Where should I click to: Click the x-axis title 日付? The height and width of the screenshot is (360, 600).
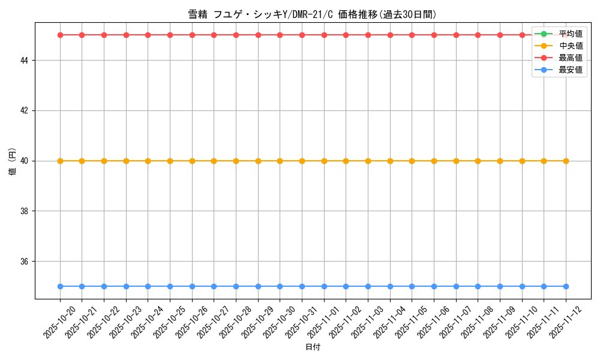tap(313, 347)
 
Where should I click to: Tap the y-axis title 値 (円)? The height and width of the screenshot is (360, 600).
tap(12, 161)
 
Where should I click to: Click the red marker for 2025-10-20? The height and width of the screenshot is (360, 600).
tap(60, 35)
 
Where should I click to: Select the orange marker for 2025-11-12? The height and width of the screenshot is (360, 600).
tap(566, 161)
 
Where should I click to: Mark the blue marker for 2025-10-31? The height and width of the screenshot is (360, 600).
tap(302, 286)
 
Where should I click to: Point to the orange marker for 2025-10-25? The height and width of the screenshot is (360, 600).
tap(170, 161)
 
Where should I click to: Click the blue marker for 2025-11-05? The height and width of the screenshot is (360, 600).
tap(412, 286)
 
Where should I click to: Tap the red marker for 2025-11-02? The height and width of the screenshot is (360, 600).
tap(346, 35)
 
